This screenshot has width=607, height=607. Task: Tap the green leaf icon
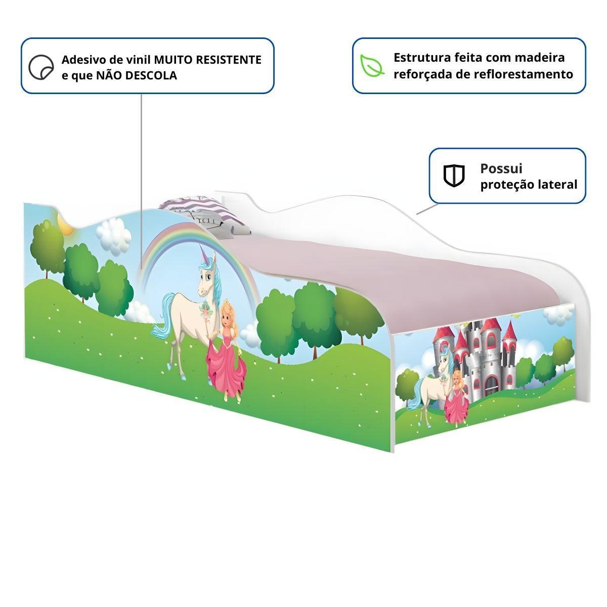pos(372,66)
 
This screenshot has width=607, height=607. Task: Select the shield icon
pos(454,176)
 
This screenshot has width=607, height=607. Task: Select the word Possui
pos(501,168)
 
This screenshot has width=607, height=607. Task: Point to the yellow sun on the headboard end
pos(65,224)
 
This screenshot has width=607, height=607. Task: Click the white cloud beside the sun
pos(112,235)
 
